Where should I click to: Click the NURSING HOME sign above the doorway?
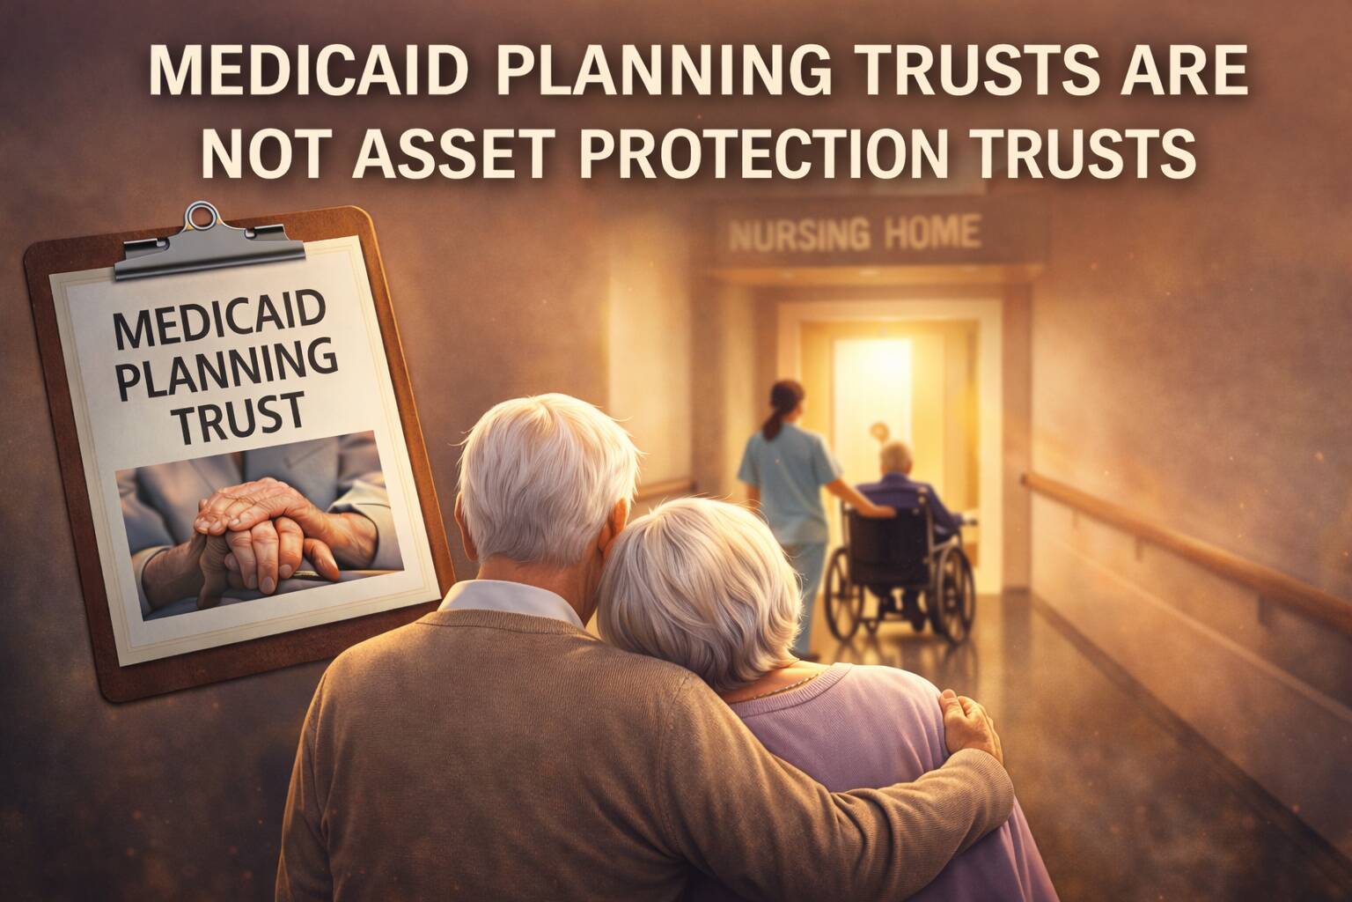click(855, 233)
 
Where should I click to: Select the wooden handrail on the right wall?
click(1179, 537)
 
